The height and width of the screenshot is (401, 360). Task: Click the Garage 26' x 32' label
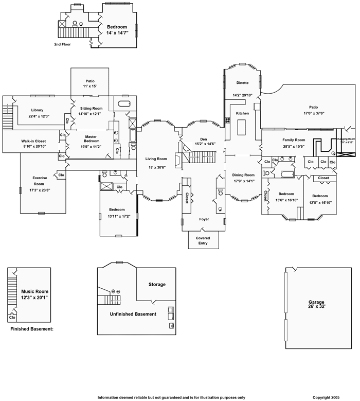316,304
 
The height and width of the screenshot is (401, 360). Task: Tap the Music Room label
34,291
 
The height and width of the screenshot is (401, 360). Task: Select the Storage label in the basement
157,284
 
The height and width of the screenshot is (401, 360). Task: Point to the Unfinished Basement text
133,314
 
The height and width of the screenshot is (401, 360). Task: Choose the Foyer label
204,219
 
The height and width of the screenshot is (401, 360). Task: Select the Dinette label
242,83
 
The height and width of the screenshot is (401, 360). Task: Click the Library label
37,110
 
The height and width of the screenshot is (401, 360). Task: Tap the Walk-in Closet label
33,141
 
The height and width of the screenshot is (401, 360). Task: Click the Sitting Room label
91,109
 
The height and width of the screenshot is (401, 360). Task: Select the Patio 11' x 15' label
90,81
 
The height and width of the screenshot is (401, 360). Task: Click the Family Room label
294,140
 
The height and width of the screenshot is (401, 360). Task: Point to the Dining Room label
243,175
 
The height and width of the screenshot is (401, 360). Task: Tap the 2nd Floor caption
62,44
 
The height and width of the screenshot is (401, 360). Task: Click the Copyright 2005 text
326,397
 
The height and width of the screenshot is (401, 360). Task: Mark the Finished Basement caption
32,328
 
